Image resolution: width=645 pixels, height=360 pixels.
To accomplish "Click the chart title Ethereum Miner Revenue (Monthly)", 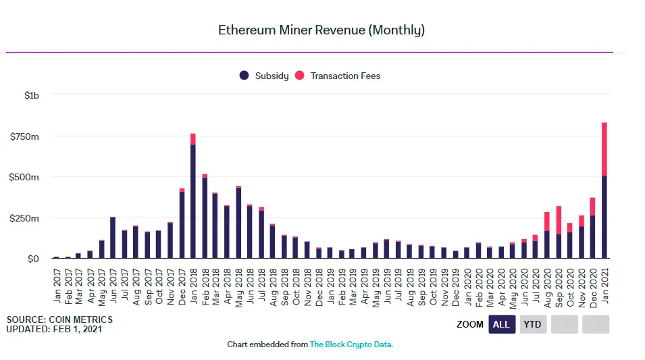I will tap(321, 30).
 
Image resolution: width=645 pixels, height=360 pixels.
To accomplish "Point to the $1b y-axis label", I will tap(31, 96).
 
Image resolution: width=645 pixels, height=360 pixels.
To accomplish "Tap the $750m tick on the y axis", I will tap(24, 136).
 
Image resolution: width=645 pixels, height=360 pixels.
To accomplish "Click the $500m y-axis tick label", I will tap(24, 177).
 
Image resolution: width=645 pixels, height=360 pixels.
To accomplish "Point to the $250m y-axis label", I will tap(24, 218).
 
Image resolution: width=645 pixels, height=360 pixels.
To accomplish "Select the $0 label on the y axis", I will tap(32, 259).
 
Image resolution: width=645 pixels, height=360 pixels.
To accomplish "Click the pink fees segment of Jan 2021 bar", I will tap(604, 149).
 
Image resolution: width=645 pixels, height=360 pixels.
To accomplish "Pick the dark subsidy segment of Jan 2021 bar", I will tap(604, 216).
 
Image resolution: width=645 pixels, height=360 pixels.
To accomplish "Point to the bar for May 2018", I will tap(238, 223).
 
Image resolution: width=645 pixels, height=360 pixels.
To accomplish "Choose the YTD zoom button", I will tap(533, 324).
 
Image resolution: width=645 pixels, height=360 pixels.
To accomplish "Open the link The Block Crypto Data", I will tap(351, 344).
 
